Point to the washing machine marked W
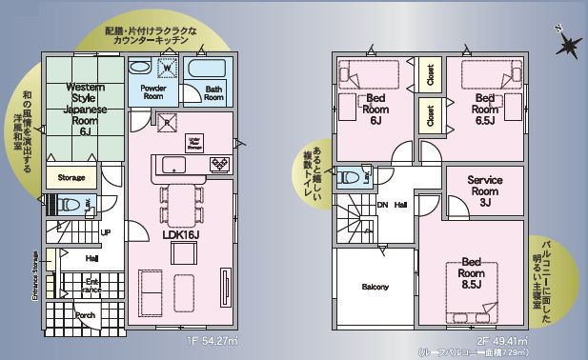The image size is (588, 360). pyautogui.click(x=168, y=69)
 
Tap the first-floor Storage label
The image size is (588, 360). pyautogui.click(x=72, y=177)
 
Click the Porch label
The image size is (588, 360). pyautogui.click(x=85, y=315)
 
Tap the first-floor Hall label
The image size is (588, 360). pyautogui.click(x=91, y=258)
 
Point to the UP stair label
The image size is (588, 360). pyautogui.click(x=106, y=233)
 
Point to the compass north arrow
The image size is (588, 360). pyautogui.click(x=569, y=42)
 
